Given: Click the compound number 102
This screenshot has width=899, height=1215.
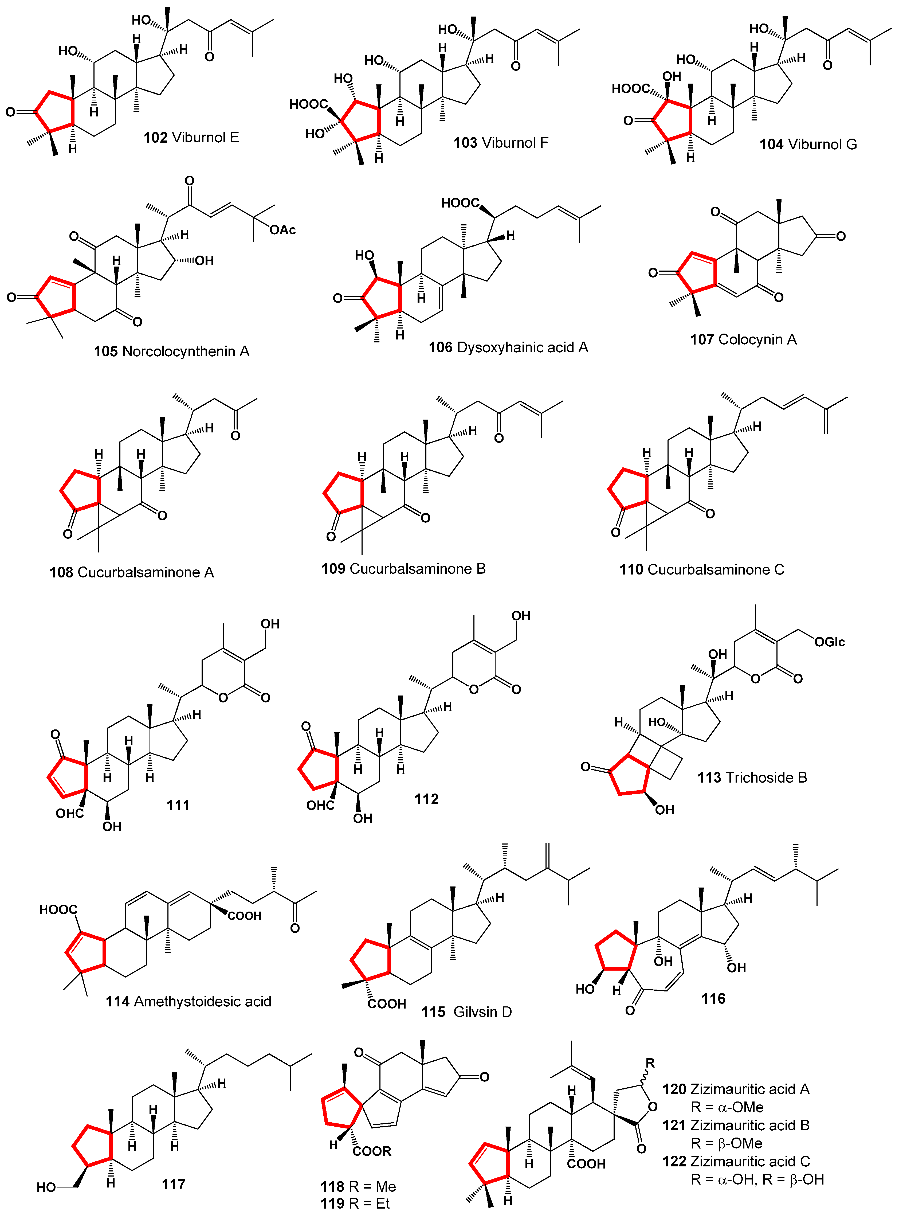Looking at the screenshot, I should click(x=155, y=137).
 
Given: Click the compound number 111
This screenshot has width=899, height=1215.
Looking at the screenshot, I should click(x=178, y=805).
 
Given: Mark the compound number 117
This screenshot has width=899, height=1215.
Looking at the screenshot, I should click(x=174, y=1184).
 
